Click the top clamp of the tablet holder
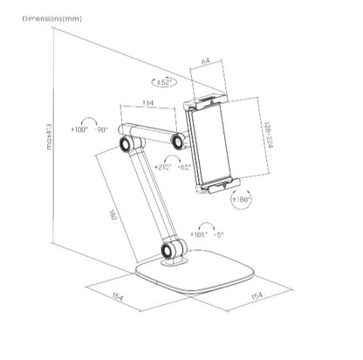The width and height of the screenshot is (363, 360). point(209,97)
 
